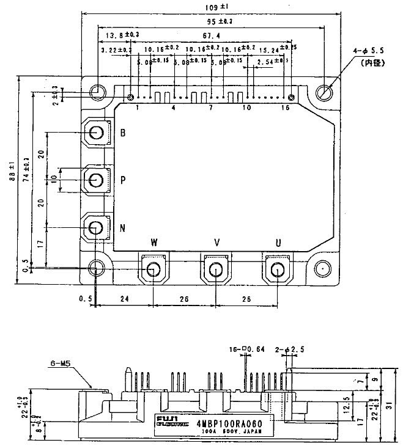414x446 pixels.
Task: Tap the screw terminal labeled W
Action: (153, 269)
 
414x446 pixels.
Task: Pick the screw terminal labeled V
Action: (215, 269)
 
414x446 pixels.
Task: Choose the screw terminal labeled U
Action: (278, 269)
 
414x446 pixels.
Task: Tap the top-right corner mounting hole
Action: (324, 92)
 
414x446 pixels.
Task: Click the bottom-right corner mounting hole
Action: (322, 269)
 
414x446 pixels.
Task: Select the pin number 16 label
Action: (286, 108)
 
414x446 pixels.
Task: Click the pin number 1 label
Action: (138, 108)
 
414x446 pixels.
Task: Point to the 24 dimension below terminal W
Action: (125, 300)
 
